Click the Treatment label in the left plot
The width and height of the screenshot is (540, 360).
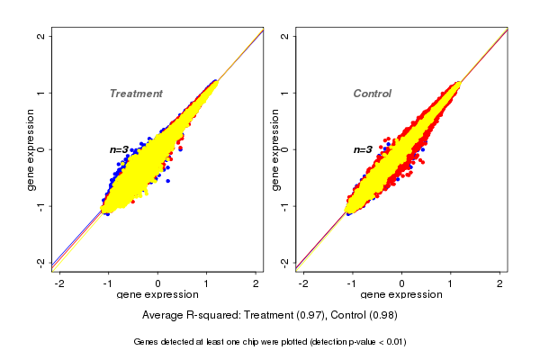136,94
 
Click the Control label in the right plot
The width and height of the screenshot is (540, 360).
372,94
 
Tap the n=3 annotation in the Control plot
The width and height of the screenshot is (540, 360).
363,150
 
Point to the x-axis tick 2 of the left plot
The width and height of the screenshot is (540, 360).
256,283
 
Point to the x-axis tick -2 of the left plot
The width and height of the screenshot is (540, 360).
59,283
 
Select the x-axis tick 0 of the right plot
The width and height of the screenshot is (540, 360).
402,283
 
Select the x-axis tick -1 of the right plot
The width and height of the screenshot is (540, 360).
353,283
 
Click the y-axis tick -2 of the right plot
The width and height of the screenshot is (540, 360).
284,262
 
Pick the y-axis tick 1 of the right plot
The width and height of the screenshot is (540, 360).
284,93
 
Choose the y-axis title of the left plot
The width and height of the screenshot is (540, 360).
31,149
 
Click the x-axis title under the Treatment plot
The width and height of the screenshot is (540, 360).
157,295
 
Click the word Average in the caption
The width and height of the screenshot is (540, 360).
164,316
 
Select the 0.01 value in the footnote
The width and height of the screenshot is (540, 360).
393,342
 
